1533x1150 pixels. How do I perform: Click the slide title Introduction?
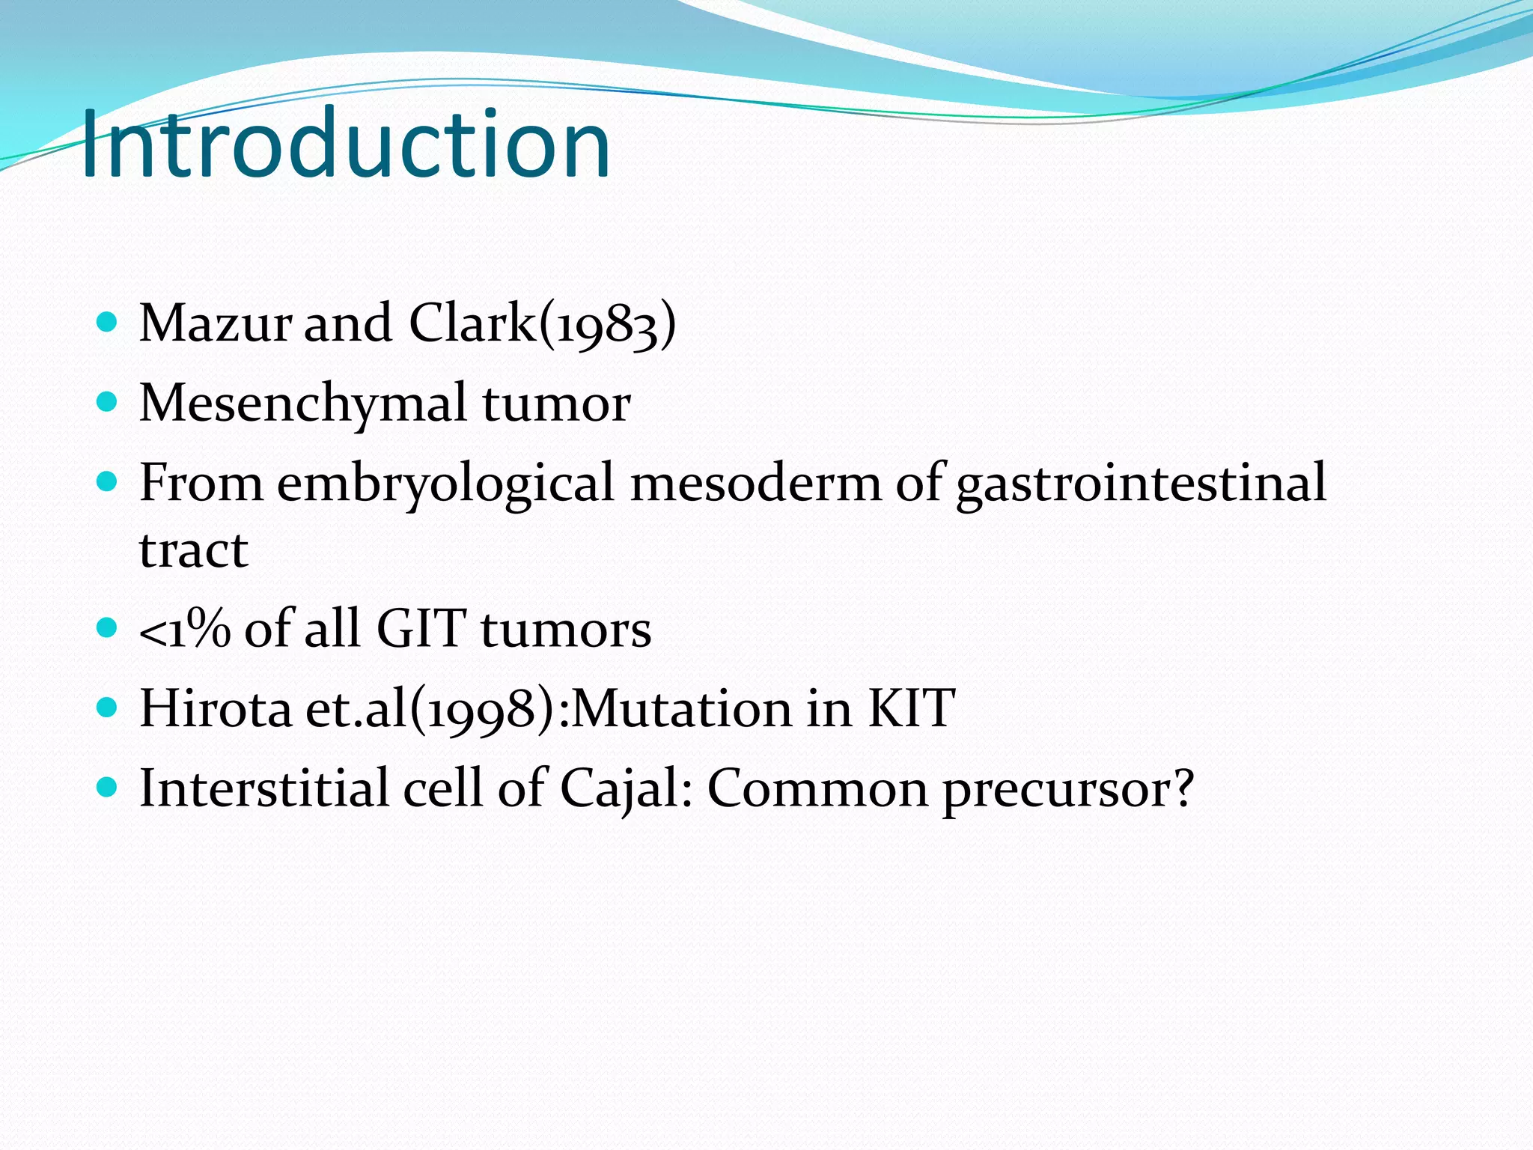pyautogui.click(x=346, y=144)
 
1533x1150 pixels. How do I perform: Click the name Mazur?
pyautogui.click(x=216, y=323)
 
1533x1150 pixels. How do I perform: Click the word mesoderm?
pyautogui.click(x=756, y=483)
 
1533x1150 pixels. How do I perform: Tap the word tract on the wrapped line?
pyautogui.click(x=193, y=550)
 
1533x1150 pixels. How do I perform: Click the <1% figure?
pyautogui.click(x=184, y=629)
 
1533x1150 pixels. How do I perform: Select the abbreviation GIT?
pyautogui.click(x=421, y=628)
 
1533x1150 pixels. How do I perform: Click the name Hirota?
pyautogui.click(x=216, y=708)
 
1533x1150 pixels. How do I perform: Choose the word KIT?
pyautogui.click(x=911, y=708)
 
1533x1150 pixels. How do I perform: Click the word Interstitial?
pyautogui.click(x=263, y=788)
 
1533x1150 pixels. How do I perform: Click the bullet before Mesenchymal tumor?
pyautogui.click(x=108, y=403)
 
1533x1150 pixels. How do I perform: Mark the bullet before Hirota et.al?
pyautogui.click(x=108, y=708)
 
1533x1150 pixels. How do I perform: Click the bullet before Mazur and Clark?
pyautogui.click(x=108, y=323)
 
